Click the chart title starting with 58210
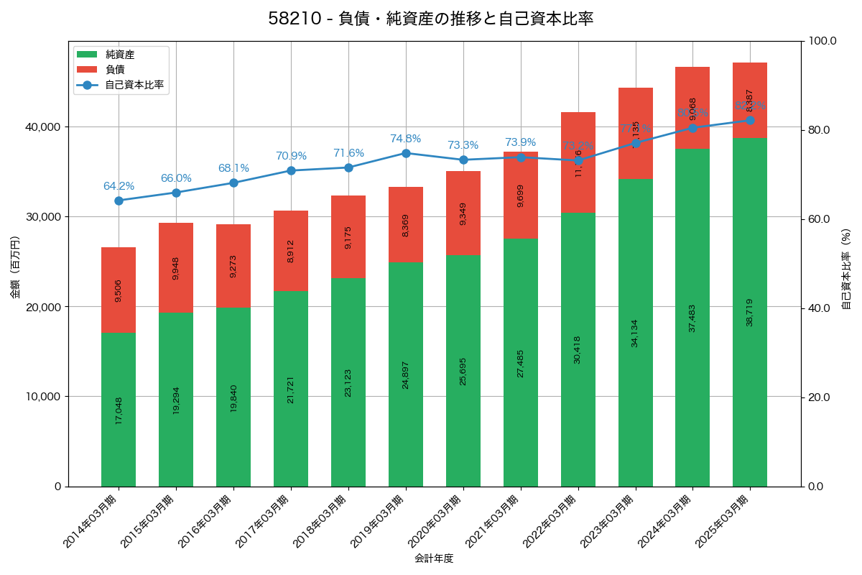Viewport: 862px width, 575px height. (430, 19)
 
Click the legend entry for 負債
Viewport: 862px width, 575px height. (115, 70)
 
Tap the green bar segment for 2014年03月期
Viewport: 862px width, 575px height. (119, 410)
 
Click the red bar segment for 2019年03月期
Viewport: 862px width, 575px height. (406, 224)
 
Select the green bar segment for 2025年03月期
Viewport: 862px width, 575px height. (749, 312)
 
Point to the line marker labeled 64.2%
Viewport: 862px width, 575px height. (119, 201)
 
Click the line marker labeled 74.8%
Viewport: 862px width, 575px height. (406, 153)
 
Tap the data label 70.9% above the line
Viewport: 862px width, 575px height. (291, 156)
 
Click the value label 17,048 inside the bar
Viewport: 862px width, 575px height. (119, 410)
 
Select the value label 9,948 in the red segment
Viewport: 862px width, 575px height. (176, 268)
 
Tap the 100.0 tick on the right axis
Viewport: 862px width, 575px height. (822, 41)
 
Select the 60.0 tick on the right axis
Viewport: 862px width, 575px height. (819, 219)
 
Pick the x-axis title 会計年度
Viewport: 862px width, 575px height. (434, 558)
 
